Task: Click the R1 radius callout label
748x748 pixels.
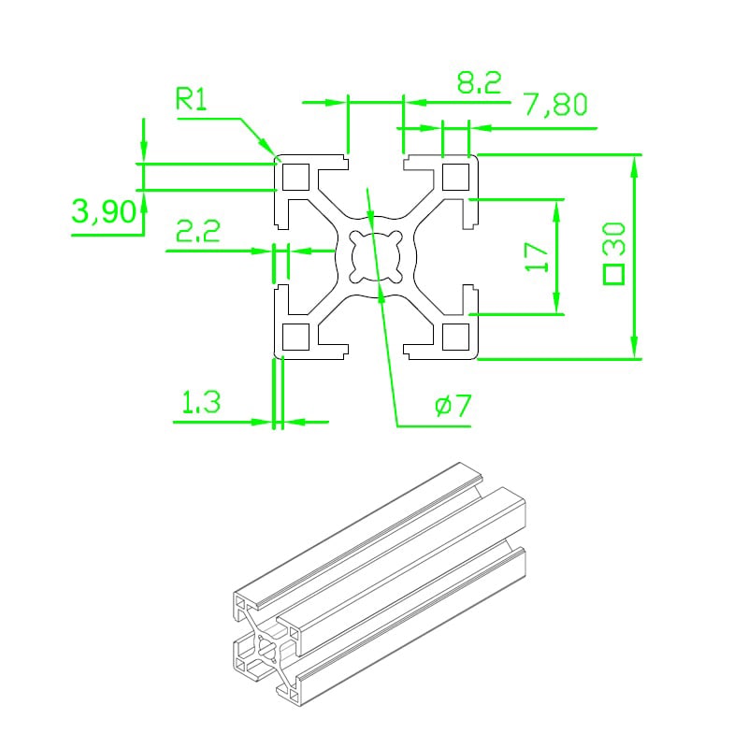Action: click(x=192, y=99)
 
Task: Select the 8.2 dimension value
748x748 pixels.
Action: click(x=479, y=82)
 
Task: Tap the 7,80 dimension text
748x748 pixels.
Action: click(x=556, y=105)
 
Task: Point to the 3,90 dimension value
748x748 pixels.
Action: click(x=104, y=211)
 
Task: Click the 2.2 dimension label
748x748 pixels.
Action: click(x=198, y=231)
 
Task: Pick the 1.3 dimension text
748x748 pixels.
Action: click(x=201, y=402)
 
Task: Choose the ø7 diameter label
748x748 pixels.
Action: click(x=453, y=406)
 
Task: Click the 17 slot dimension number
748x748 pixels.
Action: click(x=537, y=256)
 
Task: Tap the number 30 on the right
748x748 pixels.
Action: click(x=614, y=238)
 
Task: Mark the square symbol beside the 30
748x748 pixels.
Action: click(x=614, y=274)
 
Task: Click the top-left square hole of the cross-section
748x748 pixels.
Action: click(x=295, y=177)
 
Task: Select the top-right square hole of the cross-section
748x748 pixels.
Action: click(x=456, y=177)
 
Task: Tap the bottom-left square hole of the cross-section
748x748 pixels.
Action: click(x=295, y=337)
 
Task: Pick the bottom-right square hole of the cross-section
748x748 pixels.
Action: click(x=456, y=337)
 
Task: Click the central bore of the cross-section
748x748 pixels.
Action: click(x=376, y=256)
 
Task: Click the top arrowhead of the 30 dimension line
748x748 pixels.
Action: click(x=634, y=167)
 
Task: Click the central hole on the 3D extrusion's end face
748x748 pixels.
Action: click(x=265, y=648)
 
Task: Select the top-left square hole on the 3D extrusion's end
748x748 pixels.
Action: click(x=239, y=604)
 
